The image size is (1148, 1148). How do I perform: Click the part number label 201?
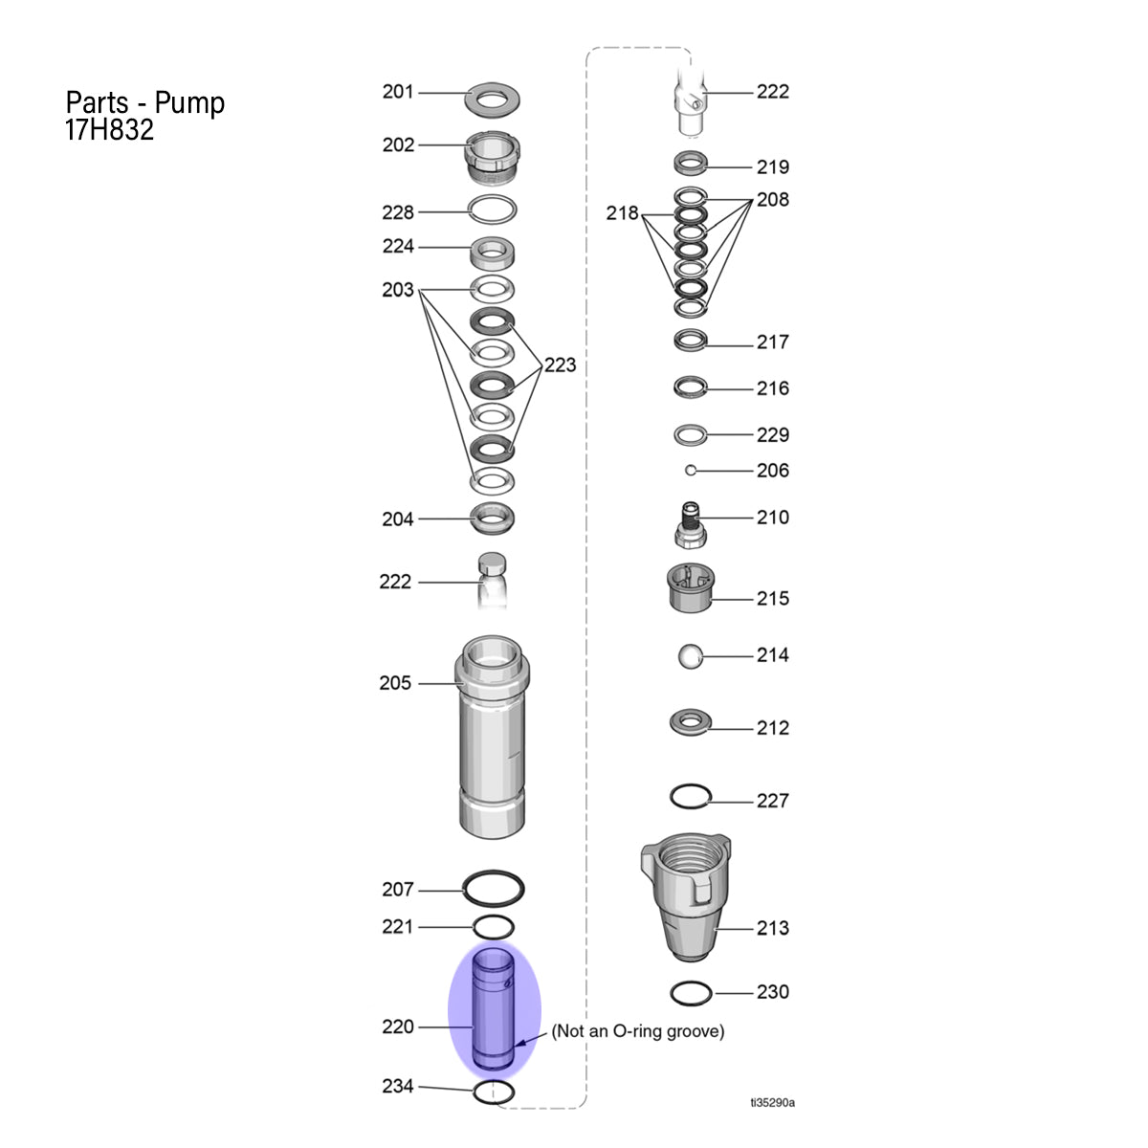click(x=398, y=92)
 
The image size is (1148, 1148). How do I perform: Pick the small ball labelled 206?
click(x=691, y=471)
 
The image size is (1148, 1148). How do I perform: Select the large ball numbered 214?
click(x=691, y=656)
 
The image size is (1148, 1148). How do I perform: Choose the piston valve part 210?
click(x=691, y=525)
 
